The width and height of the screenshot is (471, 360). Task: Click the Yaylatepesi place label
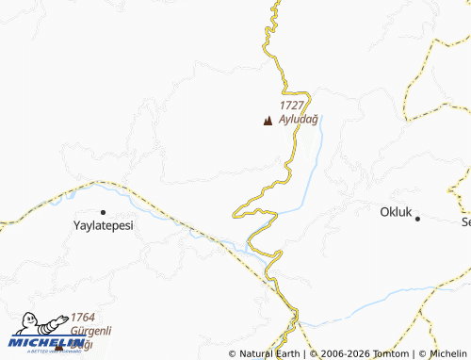[103, 227]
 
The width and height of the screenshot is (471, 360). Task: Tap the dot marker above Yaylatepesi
[103, 212]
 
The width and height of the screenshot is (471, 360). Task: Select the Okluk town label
[397, 213]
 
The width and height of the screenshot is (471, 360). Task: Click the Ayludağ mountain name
[299, 120]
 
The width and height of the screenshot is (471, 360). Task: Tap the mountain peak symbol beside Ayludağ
[268, 121]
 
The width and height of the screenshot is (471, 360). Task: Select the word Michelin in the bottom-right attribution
[447, 354]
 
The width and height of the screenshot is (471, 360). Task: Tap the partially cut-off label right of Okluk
[465, 222]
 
